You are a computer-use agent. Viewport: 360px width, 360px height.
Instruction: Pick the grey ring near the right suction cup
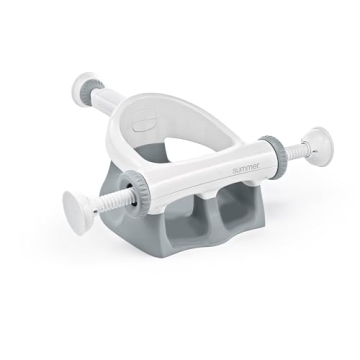tap(276, 152)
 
